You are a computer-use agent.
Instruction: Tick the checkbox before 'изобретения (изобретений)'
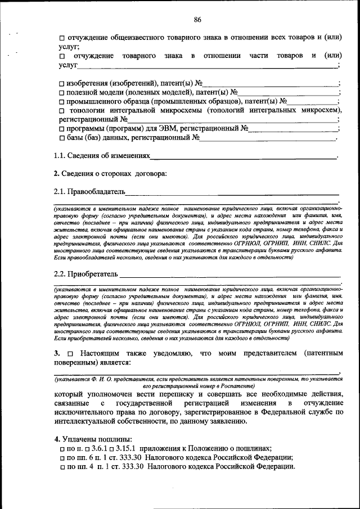pos(62,84)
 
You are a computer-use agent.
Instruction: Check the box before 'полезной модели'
pos(62,93)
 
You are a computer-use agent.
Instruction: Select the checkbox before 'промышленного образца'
pos(62,102)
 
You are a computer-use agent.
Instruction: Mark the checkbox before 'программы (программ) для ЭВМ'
pos(62,129)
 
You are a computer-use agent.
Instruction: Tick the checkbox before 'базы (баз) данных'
pos(62,138)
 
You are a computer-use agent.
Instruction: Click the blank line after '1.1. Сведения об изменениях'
pos(244,156)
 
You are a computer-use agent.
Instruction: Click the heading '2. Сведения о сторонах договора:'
pos(110,173)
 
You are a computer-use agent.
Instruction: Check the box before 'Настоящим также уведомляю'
pos(69,354)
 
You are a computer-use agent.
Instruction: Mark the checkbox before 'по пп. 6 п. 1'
pos(62,458)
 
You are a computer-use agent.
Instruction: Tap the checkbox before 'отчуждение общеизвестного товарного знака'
pos(62,38)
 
